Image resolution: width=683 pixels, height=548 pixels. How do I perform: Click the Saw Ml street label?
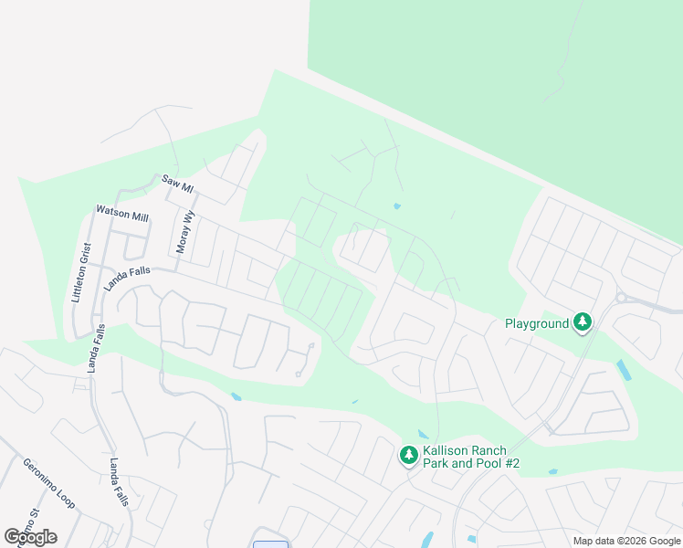[178, 183]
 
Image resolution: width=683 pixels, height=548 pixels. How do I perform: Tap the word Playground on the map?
[537, 322]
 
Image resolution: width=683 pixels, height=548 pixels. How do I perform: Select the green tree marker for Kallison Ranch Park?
[409, 454]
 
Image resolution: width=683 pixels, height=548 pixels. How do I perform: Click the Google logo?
[30, 537]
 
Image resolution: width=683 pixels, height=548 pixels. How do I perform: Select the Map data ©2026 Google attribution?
[626, 541]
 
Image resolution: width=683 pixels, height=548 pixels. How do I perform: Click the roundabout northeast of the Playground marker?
[621, 297]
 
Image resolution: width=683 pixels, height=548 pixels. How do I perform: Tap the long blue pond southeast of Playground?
[624, 370]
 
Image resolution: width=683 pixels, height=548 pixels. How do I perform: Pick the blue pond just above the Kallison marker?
[423, 435]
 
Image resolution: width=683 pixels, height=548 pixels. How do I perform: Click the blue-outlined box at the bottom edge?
[270, 544]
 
